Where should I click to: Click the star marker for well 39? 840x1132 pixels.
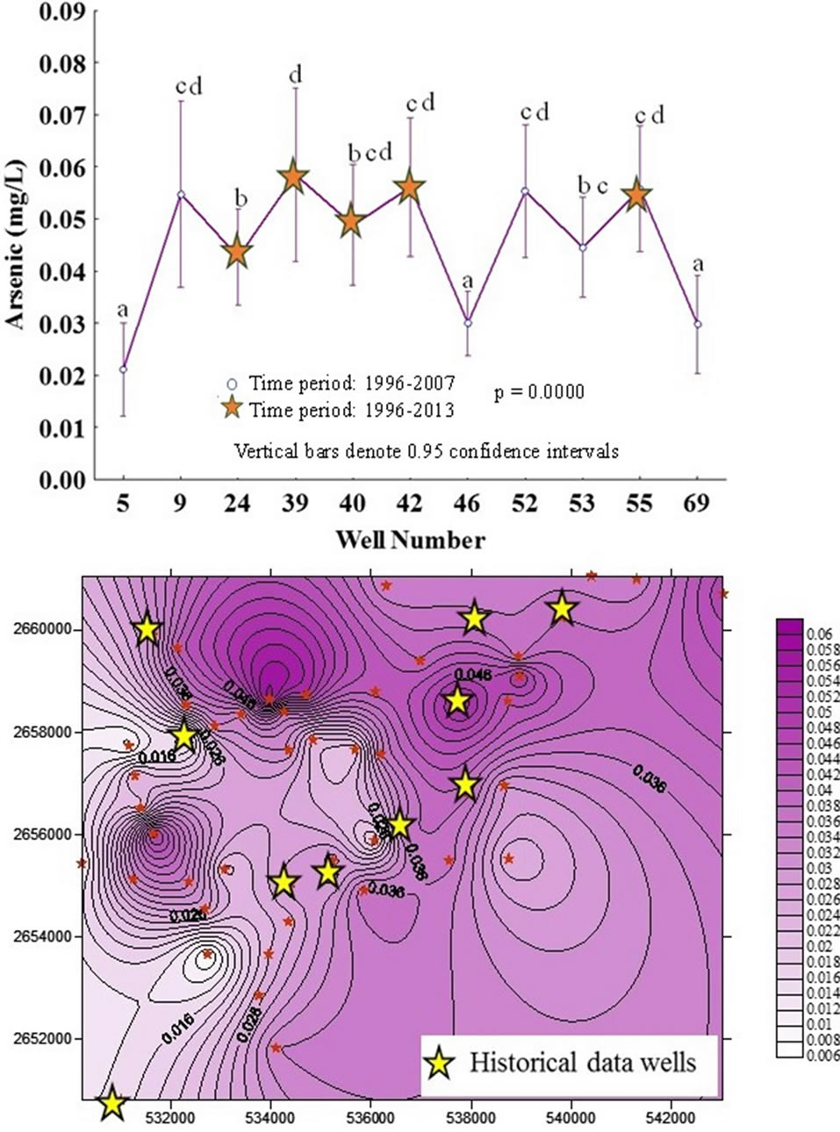click(x=294, y=178)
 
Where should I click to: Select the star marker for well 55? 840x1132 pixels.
click(x=638, y=196)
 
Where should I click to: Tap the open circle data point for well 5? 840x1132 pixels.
click(x=123, y=369)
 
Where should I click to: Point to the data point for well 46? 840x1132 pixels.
click(x=468, y=323)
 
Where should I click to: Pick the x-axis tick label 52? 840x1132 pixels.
click(x=525, y=504)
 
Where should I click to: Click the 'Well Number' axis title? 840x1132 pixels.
click(x=410, y=540)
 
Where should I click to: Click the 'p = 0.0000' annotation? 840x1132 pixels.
click(x=538, y=392)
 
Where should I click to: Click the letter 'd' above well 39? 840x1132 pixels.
click(x=295, y=75)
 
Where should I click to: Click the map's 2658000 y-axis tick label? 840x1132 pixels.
click(x=40, y=732)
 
